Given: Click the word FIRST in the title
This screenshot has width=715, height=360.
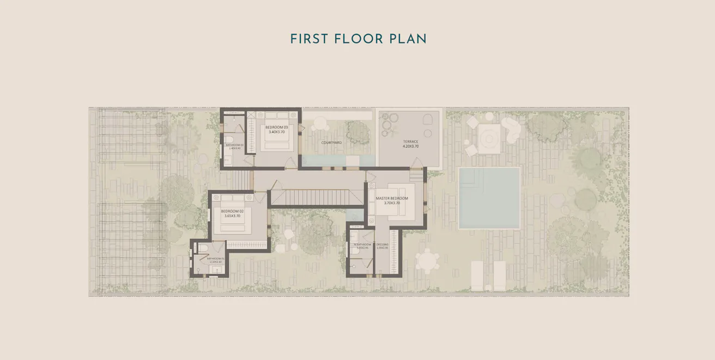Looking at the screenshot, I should (x=309, y=39).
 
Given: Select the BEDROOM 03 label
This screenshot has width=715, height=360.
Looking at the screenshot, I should (x=276, y=127).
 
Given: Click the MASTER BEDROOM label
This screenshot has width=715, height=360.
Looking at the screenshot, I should (x=391, y=198).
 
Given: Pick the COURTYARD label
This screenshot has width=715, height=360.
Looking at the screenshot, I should (x=331, y=143).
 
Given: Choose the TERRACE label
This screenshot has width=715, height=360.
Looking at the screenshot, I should (x=410, y=142).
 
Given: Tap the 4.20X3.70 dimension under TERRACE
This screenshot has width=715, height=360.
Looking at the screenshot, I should (x=410, y=147).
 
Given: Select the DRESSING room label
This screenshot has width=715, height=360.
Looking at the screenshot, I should (x=382, y=245).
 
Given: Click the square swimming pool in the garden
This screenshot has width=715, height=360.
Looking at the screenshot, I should (x=489, y=198).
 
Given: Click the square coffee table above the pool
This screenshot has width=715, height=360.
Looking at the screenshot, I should (x=489, y=139).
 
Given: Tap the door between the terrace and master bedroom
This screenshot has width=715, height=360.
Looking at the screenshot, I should (x=417, y=162).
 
